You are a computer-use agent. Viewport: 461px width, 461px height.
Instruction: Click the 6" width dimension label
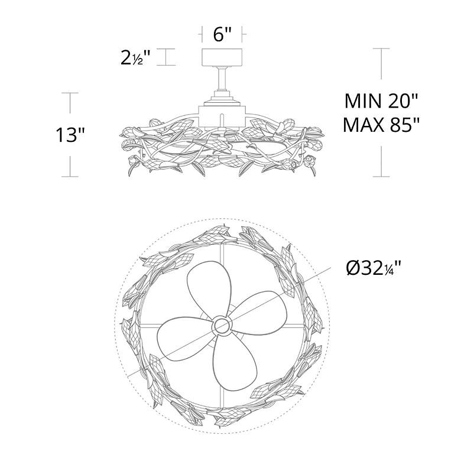[223, 34]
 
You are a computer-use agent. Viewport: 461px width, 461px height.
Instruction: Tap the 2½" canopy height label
[135, 58]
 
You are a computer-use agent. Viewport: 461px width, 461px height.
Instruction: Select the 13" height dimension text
[70, 135]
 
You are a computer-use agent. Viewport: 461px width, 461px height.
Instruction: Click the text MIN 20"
[381, 101]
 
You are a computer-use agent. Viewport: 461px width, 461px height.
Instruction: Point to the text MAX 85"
[381, 125]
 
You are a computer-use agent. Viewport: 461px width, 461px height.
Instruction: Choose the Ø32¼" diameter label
[374, 268]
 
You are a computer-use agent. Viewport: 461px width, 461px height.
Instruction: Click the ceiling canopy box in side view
[222, 57]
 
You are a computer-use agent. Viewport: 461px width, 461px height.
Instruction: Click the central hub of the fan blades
[222, 325]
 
